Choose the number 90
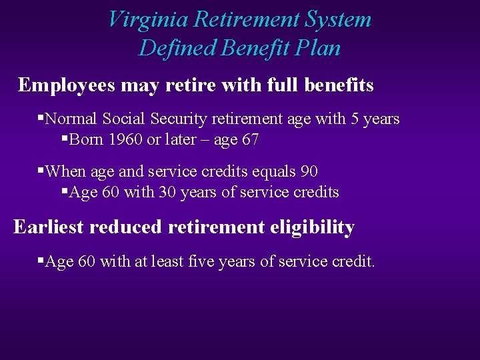309,171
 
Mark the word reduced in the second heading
125,227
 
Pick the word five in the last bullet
203,262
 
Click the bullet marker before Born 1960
64,139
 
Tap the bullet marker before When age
40,170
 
